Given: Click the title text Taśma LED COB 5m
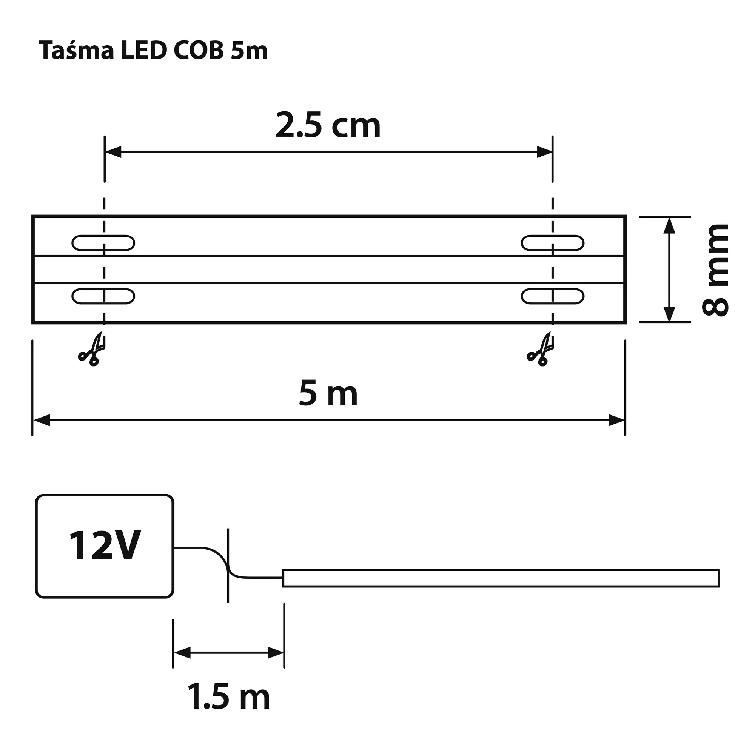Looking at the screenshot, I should pos(153,51).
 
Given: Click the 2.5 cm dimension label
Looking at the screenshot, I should pos(328,126).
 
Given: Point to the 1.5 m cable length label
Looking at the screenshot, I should pos(229,697).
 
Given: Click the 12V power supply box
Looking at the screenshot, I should pos(104,546).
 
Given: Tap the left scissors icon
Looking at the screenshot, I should pos(92,350).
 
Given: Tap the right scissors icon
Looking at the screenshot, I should pos(541,350).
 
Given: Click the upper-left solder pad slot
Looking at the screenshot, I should pos(103,243).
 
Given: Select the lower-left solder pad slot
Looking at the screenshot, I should pos(103,296).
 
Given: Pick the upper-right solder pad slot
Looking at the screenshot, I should pos(552,243).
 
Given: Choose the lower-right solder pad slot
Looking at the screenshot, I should pos(552,296).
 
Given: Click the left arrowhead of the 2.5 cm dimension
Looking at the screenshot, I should pos(113,152).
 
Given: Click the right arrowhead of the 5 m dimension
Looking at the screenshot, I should pos(617,421).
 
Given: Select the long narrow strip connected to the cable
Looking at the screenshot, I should pos(501,578).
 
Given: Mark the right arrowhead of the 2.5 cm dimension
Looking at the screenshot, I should pos(544,152).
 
